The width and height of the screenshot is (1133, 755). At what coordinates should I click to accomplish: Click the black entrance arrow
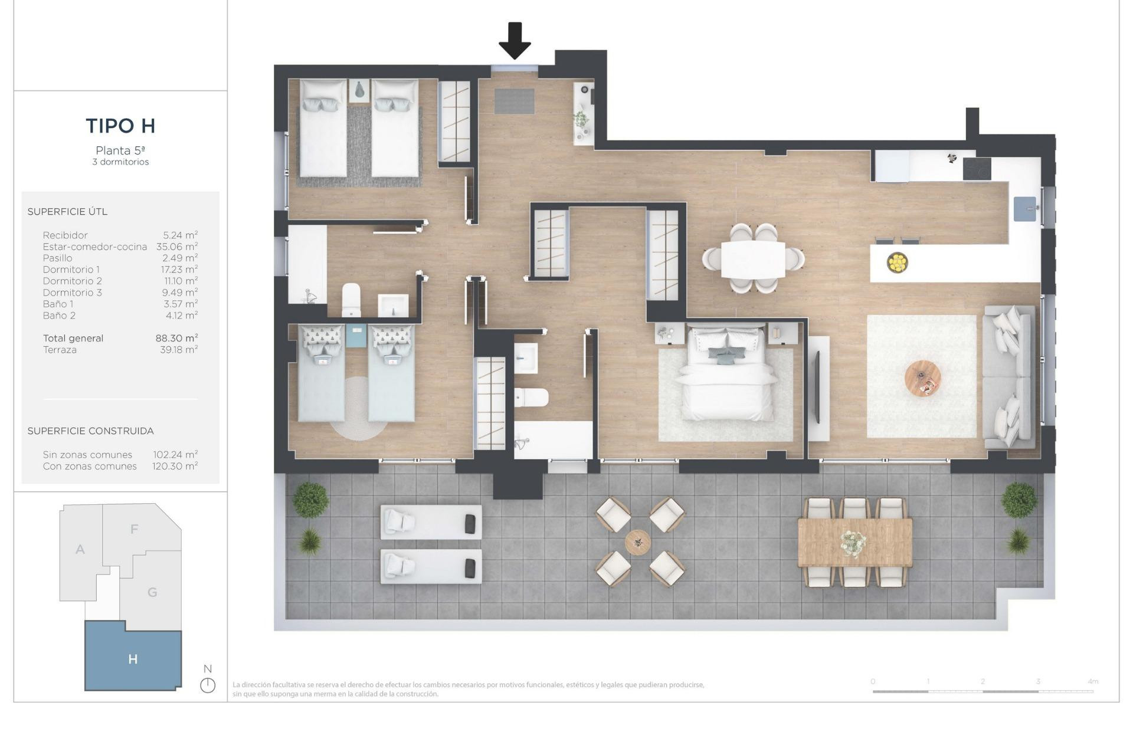(x=515, y=40)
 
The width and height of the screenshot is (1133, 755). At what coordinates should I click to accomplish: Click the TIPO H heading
(x=120, y=126)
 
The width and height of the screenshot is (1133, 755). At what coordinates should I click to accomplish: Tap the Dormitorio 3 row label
(x=72, y=293)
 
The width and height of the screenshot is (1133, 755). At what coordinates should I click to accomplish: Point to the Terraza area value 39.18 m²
(x=179, y=350)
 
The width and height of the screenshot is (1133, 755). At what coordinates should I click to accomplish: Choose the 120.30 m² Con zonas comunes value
(x=175, y=466)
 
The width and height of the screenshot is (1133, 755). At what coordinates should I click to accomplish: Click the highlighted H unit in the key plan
(x=133, y=659)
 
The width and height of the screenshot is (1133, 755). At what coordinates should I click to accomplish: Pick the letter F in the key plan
(x=134, y=529)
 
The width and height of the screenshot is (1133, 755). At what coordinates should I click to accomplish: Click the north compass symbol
(x=208, y=685)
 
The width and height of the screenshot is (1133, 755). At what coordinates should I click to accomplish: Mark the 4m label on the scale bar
(x=1092, y=681)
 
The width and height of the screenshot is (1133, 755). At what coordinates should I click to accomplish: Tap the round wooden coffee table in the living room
(x=923, y=378)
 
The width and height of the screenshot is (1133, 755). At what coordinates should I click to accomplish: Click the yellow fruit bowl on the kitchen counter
(x=897, y=262)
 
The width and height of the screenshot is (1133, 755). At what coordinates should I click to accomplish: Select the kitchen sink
(x=1025, y=209)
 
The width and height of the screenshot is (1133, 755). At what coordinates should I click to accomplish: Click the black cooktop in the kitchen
(x=977, y=169)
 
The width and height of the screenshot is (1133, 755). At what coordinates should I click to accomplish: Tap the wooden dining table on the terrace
(x=854, y=541)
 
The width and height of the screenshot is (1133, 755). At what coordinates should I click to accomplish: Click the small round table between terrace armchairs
(x=638, y=541)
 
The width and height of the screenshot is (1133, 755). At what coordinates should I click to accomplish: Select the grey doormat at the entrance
(x=514, y=101)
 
